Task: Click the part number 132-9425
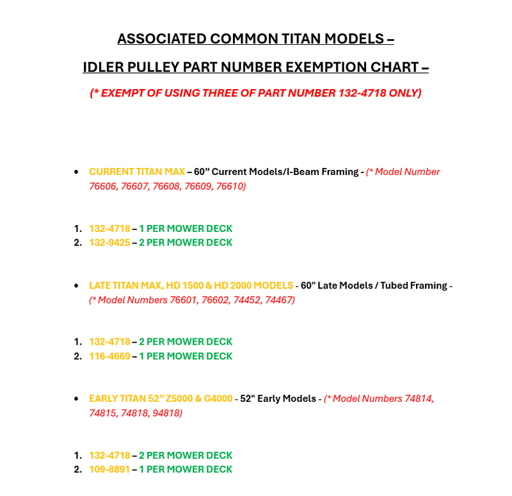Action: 109,242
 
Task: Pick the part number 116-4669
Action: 109,356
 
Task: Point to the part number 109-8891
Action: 109,469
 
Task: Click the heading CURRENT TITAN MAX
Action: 136,172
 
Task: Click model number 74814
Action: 419,399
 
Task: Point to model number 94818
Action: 166,413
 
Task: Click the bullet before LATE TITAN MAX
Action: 77,285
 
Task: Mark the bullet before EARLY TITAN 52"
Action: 77,399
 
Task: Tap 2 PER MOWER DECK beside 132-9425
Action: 186,242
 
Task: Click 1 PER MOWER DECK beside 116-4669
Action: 186,356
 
